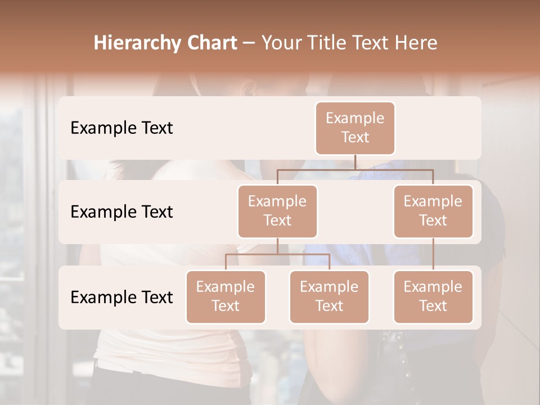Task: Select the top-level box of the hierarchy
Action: coord(355,128)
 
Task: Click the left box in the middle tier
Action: coord(277,211)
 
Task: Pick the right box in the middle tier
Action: coord(433,211)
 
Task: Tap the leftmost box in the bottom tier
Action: coord(226,296)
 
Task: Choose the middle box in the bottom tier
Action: coord(329,296)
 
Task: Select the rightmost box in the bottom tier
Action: coord(433,296)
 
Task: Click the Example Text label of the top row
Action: coord(121,128)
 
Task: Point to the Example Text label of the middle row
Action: coord(121,212)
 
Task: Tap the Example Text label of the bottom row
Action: coord(121,297)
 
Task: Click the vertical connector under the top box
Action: coord(355,162)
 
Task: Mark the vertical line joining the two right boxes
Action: coord(433,254)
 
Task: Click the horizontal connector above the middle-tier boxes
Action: coord(355,169)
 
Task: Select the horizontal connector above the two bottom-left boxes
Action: coord(277,254)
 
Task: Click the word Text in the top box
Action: coord(355,137)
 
